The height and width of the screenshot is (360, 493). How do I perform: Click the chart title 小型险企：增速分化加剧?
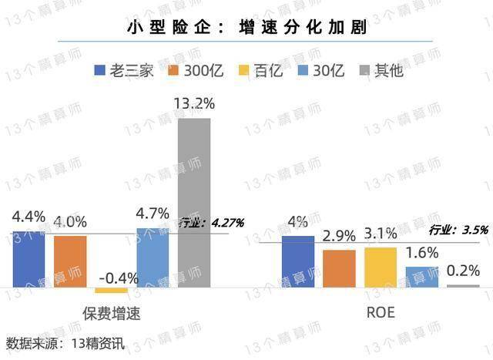click(246, 29)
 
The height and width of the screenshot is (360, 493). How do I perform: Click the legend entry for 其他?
click(381, 71)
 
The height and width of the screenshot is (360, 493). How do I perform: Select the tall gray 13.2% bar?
click(194, 203)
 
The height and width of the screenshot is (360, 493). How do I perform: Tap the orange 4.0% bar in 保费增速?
click(70, 261)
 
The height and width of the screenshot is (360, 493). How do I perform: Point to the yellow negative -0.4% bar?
click(111, 290)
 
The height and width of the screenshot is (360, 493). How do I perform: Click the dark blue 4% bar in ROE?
click(298, 261)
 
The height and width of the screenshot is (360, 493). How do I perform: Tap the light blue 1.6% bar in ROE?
click(421, 277)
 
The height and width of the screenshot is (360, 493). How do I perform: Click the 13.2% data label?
click(193, 103)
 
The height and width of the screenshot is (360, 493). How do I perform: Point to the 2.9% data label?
click(338, 237)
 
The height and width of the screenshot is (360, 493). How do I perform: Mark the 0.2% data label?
click(462, 271)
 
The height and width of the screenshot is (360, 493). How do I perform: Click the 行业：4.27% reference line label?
click(211, 223)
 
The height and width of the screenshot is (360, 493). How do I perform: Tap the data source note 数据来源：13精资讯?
click(65, 343)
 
